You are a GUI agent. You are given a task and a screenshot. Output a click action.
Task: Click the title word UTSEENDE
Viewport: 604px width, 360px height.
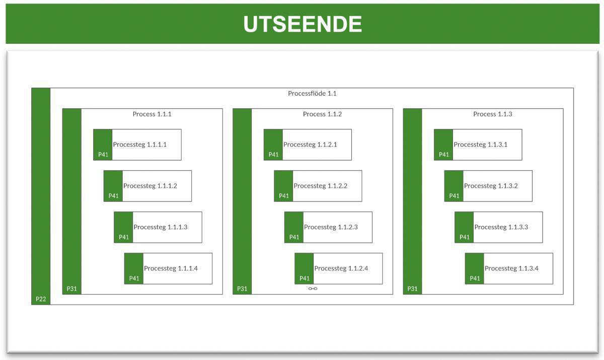303,24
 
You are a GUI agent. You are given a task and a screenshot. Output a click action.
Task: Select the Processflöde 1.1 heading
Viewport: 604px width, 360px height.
312,93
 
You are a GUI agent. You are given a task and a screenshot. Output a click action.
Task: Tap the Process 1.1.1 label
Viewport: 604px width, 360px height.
152,114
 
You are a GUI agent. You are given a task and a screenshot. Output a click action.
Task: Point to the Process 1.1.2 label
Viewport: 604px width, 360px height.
322,114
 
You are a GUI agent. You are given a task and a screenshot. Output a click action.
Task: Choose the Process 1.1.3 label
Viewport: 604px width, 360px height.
493,114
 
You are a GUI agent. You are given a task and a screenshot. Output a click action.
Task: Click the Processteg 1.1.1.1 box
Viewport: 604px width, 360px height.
140,145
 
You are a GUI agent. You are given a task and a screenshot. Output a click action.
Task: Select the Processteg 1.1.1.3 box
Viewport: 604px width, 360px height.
161,227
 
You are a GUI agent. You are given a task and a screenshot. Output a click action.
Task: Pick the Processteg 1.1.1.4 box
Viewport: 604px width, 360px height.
171,268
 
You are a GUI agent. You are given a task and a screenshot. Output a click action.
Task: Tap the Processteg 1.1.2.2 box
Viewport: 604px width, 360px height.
321,186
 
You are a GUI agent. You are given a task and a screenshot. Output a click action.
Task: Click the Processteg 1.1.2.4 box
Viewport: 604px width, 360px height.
341,268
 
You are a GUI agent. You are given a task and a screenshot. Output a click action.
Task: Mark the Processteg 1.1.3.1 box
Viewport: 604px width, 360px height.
481,145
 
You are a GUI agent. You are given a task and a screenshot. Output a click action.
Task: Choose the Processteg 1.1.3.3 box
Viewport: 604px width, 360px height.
501,227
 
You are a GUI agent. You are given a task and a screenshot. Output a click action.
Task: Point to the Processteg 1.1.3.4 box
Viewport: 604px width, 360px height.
511,268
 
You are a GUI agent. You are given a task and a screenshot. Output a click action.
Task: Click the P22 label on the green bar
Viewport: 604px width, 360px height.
41,299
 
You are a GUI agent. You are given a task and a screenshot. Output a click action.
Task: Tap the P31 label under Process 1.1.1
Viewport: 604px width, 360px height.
72,289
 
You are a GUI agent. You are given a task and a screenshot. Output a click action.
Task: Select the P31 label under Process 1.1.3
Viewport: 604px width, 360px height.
413,289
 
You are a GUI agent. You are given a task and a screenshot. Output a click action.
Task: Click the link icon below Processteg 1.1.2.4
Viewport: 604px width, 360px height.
313,289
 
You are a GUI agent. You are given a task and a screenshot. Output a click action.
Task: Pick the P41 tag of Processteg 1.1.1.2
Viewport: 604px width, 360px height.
114,196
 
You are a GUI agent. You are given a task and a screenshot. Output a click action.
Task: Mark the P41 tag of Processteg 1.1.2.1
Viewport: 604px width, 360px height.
273,155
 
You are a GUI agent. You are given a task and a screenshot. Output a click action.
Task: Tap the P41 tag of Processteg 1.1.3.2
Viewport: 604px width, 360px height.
454,196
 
